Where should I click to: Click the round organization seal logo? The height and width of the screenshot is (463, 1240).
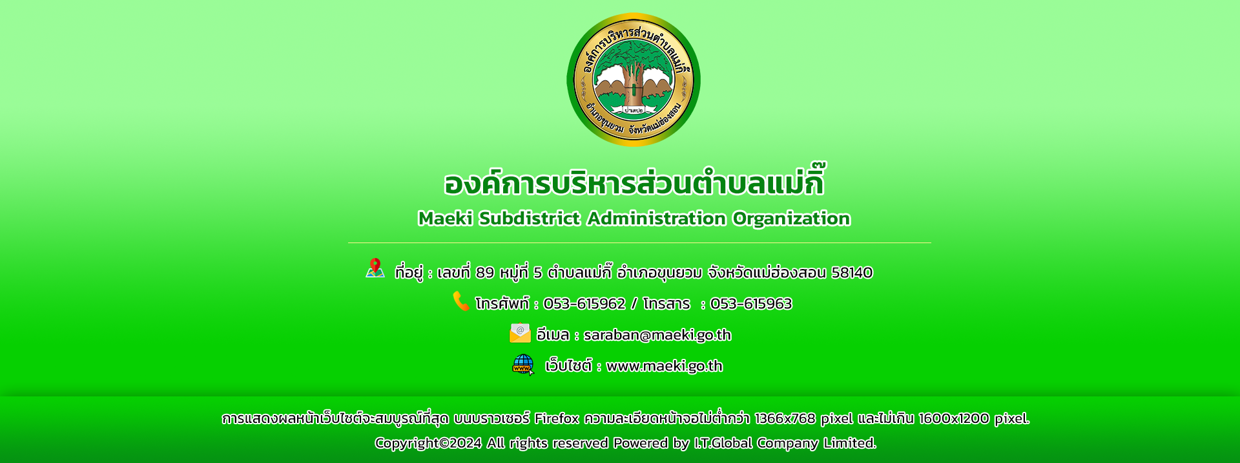(634, 80)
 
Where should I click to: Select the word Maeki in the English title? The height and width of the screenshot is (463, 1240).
(446, 219)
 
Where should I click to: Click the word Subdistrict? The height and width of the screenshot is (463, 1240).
(530, 219)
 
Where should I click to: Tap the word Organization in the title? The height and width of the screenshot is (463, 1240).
(791, 219)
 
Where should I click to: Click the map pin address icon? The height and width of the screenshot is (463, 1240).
(375, 268)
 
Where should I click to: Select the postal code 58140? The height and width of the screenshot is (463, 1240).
(852, 272)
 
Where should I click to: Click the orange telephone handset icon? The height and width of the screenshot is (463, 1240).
(461, 301)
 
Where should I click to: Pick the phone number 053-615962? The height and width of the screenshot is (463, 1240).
(584, 303)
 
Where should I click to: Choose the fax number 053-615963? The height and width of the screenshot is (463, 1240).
(751, 303)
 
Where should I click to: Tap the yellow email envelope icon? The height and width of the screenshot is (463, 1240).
(520, 332)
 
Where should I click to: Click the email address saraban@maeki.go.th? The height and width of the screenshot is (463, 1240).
(657, 335)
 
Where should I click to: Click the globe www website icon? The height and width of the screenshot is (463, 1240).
(523, 365)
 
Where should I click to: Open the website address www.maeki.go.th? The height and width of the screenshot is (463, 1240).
(665, 366)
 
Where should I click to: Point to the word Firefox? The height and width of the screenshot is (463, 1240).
(557, 418)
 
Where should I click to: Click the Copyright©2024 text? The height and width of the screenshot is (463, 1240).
(428, 443)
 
